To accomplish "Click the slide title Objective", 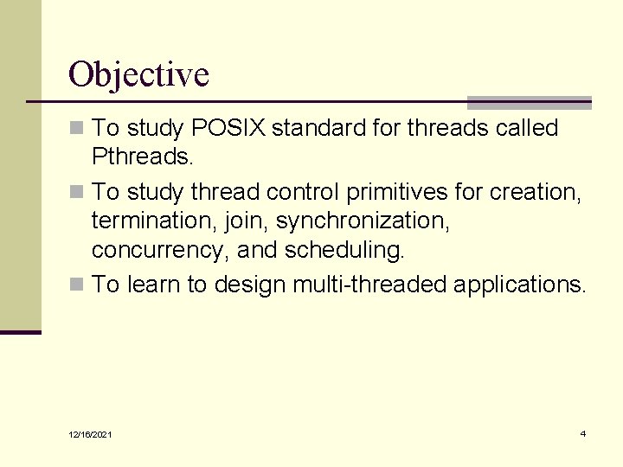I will [x=138, y=74].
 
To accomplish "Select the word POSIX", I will [x=228, y=129].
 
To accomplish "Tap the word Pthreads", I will [x=141, y=157].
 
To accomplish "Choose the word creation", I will [x=534, y=191].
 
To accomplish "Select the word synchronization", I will [x=363, y=221].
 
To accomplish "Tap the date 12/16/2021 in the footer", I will [x=92, y=434].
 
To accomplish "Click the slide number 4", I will [x=582, y=433].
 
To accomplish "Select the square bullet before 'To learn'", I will [x=77, y=285].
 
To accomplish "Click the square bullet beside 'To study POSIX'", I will [x=77, y=129].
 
